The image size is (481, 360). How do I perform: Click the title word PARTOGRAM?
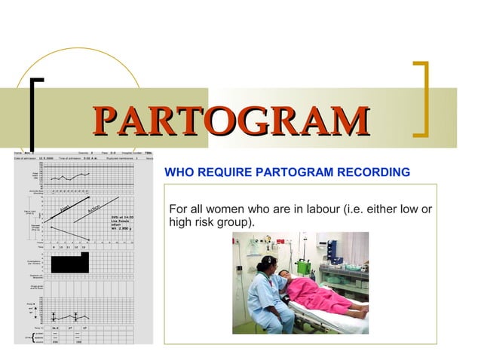pos(231,122)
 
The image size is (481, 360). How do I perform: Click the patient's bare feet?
pos(361,308)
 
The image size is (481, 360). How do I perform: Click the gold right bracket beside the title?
pos(424,99)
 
